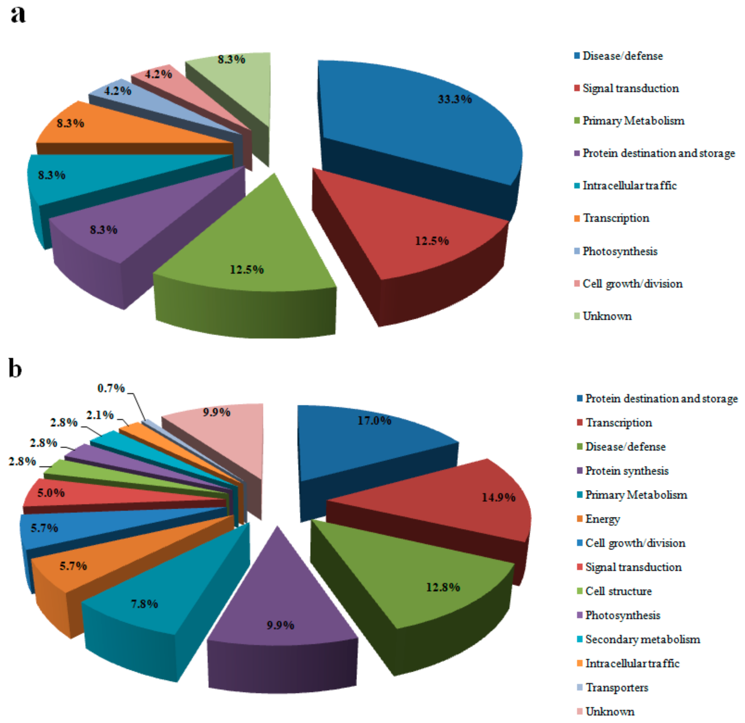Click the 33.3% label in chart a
click(455, 99)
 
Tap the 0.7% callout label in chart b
click(111, 388)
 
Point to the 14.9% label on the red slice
click(498, 497)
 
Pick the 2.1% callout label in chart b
click(100, 415)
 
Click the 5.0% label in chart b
click(51, 493)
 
